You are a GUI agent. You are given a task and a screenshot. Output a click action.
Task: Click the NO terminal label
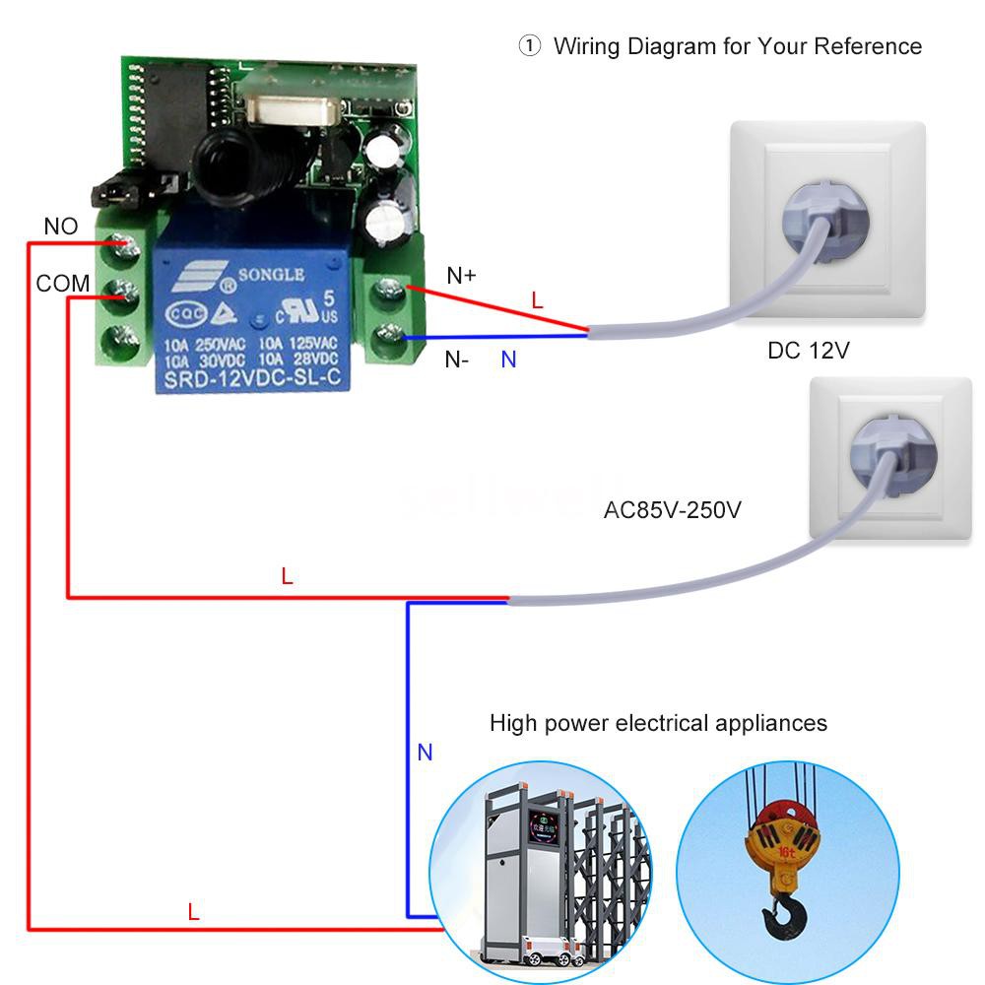tap(60, 227)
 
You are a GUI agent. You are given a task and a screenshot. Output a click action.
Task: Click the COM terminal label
tap(63, 284)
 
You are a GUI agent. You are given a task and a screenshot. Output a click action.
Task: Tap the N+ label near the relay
tap(461, 276)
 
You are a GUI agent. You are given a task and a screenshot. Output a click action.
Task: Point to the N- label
tap(457, 360)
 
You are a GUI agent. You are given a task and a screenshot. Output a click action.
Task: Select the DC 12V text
tap(808, 351)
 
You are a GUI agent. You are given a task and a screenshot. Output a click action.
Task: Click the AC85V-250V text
tap(672, 511)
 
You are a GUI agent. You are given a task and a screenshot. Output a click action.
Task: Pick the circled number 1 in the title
tap(530, 46)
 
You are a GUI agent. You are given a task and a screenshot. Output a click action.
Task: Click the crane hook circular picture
tap(787, 863)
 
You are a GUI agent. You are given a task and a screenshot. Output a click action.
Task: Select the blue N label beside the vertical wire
tap(425, 753)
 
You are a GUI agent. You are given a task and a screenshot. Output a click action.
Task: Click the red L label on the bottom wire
tap(193, 912)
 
